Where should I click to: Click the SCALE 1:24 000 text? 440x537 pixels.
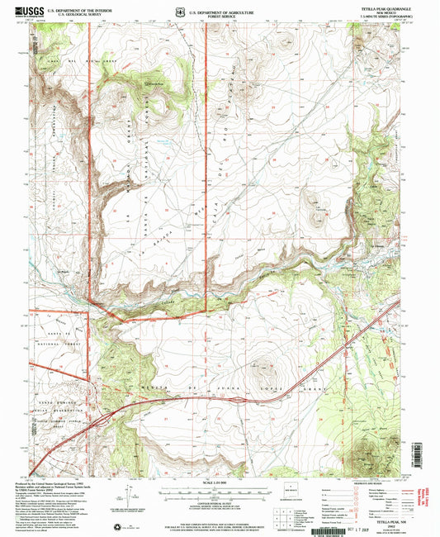pos(219,482)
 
